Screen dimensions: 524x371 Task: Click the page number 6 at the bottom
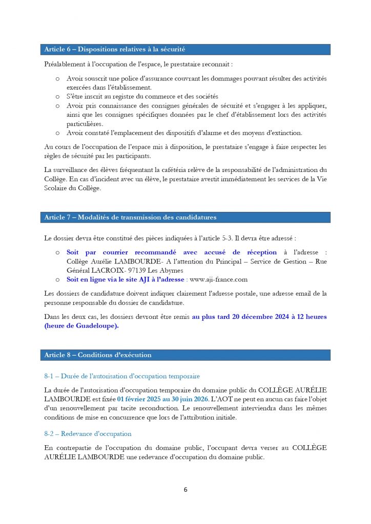click(x=186, y=490)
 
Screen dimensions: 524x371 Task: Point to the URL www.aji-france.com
click(x=219, y=279)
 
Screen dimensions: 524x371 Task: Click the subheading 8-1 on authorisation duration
click(x=122, y=376)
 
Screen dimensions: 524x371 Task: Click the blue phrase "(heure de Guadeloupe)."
click(x=81, y=326)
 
